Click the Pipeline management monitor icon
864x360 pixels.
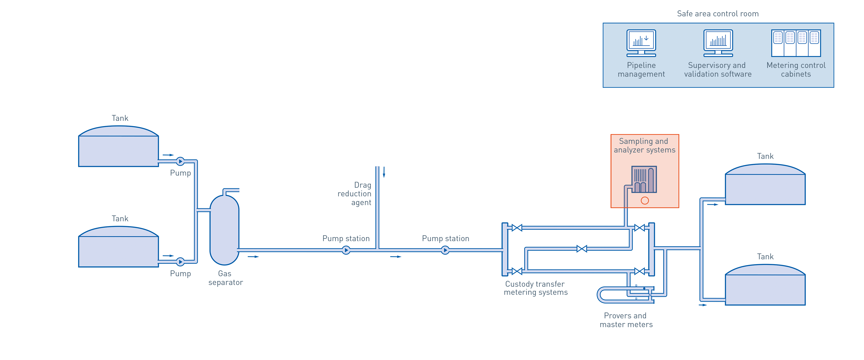pyautogui.click(x=641, y=43)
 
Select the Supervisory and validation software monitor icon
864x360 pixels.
pyautogui.click(x=718, y=43)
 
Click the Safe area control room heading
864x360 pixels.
pyautogui.click(x=718, y=14)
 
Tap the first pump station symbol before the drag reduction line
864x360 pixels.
pyautogui.click(x=346, y=250)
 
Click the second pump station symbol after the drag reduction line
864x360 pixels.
pyautogui.click(x=445, y=250)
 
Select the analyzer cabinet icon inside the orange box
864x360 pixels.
pyautogui.click(x=644, y=180)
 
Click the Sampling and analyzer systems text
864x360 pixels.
pyautogui.click(x=644, y=146)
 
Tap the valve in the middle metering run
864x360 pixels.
pyautogui.click(x=582, y=249)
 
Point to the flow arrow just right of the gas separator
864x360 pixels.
pyautogui.click(x=253, y=257)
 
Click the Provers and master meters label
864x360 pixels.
pyautogui.click(x=626, y=320)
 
